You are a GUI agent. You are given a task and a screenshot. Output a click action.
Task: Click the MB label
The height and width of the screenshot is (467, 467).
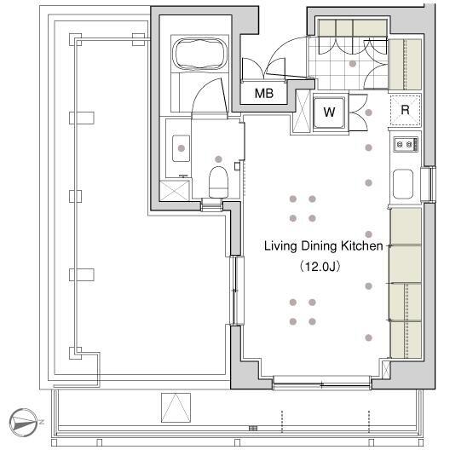tap(264, 94)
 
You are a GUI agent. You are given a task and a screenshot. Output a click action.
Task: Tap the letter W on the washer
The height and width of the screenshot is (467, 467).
tap(329, 112)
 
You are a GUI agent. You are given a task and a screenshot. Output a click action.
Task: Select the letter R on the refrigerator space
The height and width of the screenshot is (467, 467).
tap(405, 110)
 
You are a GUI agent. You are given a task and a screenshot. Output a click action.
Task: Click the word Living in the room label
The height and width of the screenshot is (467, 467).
tap(281, 246)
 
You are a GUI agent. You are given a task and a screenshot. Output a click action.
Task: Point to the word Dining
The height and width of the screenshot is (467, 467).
tap(319, 246)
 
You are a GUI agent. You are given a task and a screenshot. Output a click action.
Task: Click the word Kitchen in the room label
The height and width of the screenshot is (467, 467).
tap(362, 246)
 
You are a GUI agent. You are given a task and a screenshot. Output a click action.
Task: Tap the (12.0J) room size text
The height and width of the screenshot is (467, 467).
tap(320, 267)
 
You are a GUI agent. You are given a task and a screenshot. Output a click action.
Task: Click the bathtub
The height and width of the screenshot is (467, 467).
tap(199, 55)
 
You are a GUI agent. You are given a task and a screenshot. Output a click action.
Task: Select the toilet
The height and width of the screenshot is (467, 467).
tap(218, 182)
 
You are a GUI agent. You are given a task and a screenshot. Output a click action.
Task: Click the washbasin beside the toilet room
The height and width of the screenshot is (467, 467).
tap(181, 148)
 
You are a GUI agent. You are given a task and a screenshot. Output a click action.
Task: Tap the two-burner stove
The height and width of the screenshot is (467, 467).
tap(406, 145)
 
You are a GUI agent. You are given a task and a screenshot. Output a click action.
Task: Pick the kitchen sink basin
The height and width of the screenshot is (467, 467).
tap(403, 184)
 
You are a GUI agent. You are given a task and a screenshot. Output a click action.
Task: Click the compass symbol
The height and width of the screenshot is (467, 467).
tap(24, 423)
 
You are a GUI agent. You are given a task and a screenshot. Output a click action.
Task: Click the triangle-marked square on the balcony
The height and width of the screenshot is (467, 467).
tap(176, 407)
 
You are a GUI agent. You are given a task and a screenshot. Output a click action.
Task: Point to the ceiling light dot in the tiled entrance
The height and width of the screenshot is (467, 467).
tap(353, 63)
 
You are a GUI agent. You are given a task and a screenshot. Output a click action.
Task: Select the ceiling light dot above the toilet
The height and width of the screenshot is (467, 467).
tap(218, 159)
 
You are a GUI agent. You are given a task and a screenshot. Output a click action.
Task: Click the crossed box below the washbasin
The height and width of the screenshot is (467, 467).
tap(175, 191)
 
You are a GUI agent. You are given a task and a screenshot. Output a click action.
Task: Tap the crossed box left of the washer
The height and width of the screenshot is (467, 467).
tap(302, 111)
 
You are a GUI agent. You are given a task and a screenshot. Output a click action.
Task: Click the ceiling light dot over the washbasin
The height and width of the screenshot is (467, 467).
tap(181, 148)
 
